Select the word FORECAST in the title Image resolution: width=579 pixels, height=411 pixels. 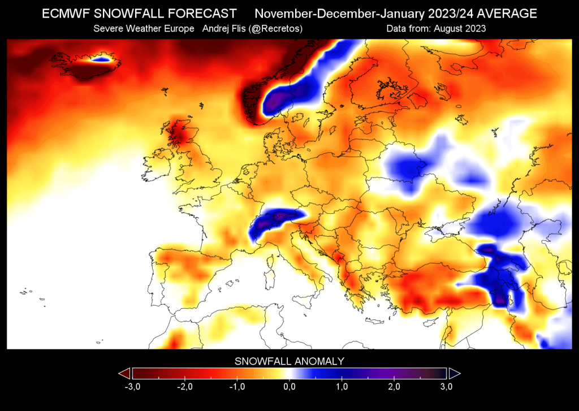tap(201, 13)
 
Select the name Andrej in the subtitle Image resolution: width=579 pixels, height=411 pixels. tap(211, 28)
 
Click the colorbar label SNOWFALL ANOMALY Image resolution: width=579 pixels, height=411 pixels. tap(289, 361)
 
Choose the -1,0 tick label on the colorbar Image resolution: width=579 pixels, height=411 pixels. tap(236, 387)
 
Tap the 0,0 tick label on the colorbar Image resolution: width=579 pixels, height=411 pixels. tap(289, 387)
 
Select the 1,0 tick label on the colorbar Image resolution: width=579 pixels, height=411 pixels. tap(342, 387)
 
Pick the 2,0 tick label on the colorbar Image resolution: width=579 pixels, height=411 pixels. tap(394, 387)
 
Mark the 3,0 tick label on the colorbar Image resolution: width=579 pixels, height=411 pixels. tap(446, 387)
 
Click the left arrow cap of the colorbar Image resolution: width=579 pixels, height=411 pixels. tap(124, 373)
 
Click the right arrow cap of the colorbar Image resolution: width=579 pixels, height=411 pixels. tap(454, 373)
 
